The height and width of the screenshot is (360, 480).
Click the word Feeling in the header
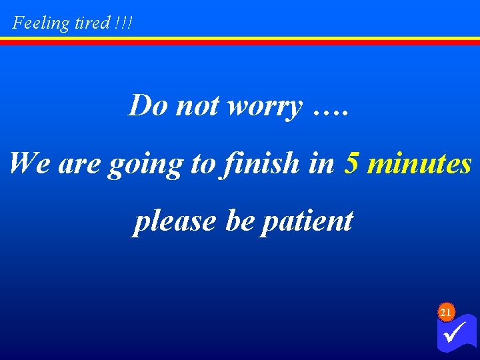click(x=41, y=23)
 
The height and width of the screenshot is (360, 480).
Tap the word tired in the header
click(x=91, y=23)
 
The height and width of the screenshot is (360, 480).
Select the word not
click(x=197, y=105)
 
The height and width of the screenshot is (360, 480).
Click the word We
click(x=31, y=163)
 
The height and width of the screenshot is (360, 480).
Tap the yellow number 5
click(x=353, y=163)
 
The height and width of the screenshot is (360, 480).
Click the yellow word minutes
click(x=419, y=163)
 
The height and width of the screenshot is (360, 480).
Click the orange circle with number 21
click(x=446, y=312)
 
